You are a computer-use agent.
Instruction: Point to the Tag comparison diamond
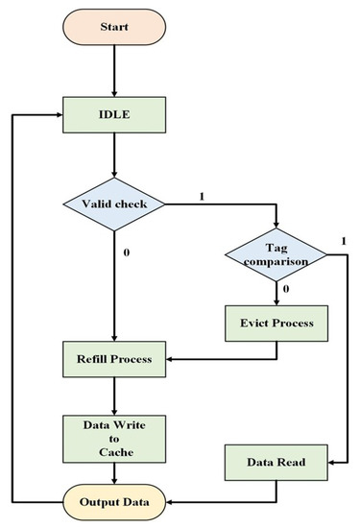[276, 253]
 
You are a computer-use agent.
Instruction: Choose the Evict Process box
[276, 324]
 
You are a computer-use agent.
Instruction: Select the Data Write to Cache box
[114, 436]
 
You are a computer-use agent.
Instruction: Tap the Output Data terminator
[114, 500]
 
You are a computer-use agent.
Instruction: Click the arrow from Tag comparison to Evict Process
[276, 292]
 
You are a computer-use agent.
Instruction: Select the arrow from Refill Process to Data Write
[114, 396]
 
